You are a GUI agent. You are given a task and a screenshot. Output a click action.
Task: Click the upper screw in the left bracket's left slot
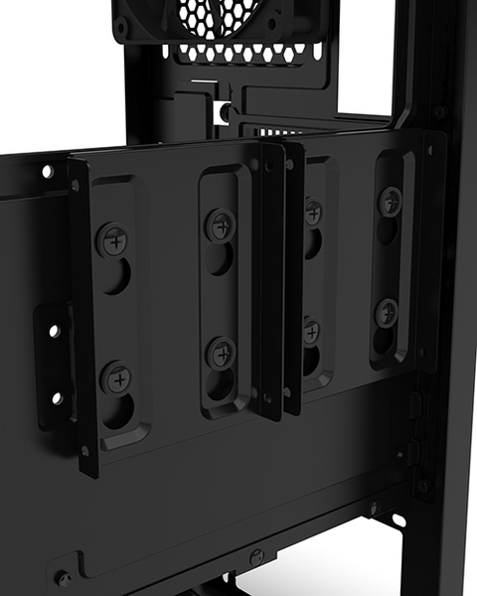[111, 239]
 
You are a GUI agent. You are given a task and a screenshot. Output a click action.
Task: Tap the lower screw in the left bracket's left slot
[116, 376]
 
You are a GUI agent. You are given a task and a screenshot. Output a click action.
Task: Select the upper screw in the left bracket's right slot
[219, 223]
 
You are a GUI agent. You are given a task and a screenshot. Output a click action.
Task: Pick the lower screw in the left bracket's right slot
[221, 353]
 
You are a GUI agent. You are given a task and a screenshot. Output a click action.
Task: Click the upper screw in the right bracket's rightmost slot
[389, 200]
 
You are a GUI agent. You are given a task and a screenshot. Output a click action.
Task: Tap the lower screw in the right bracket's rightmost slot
[386, 313]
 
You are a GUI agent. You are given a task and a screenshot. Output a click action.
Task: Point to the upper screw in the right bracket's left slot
[312, 211]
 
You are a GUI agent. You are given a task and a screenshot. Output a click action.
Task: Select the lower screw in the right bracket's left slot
[311, 330]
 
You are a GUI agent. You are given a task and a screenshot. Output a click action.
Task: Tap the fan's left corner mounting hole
[121, 29]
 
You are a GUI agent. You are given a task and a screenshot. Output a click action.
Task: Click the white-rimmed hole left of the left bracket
[47, 171]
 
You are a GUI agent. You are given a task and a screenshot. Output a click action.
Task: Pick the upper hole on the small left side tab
[54, 331]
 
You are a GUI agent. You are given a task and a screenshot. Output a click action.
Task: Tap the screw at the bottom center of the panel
[256, 557]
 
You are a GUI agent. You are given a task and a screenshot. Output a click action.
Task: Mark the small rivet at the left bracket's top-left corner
[75, 185]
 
